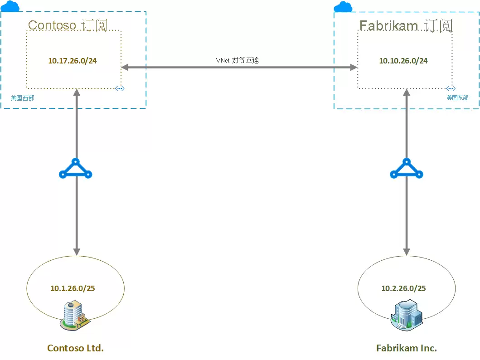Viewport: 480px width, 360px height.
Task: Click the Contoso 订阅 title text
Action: tap(68, 25)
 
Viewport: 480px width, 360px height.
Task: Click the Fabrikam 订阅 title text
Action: tap(406, 25)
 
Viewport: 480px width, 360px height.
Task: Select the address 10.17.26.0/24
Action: tap(73, 61)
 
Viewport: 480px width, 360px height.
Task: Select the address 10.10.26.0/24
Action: tap(403, 61)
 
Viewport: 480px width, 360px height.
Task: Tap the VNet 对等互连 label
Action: tap(237, 60)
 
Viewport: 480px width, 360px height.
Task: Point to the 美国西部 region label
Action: tap(22, 97)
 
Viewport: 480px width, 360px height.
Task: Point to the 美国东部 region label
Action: tap(457, 97)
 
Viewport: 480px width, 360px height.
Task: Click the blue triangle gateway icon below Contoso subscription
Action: tap(76, 169)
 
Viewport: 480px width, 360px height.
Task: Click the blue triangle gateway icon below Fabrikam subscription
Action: tap(407, 169)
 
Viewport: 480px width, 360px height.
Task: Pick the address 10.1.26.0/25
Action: tap(73, 288)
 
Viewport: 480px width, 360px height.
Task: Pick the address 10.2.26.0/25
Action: tap(403, 288)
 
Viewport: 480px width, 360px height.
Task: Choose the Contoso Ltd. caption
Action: tap(76, 348)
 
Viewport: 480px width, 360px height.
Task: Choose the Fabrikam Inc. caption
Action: tap(407, 348)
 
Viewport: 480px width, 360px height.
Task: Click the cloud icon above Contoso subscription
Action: tap(10, 6)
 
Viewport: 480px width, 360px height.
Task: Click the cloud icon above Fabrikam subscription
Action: tap(343, 6)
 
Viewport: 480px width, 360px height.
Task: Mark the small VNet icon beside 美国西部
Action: tap(120, 88)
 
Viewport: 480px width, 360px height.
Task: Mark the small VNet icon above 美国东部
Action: tap(451, 88)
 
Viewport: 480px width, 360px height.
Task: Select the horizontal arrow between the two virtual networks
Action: tap(239, 68)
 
